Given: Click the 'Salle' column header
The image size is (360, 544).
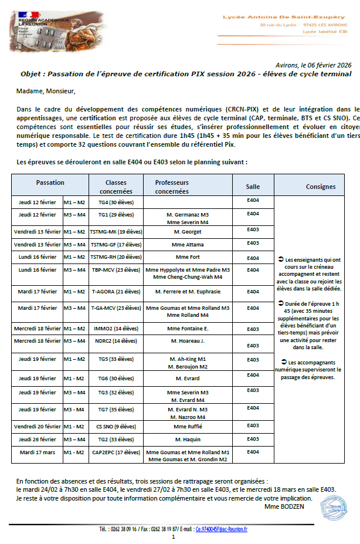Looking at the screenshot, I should pyautogui.click(x=253, y=187).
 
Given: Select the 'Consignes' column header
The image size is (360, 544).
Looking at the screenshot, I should pyautogui.click(x=321, y=187).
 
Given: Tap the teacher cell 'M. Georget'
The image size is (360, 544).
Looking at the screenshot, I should pyautogui.click(x=187, y=231).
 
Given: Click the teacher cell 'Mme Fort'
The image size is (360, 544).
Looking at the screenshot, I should pyautogui.click(x=187, y=257).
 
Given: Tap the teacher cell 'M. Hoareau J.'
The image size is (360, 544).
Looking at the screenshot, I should pyautogui.click(x=187, y=340).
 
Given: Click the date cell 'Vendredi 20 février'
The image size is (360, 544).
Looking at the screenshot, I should pyautogui.click(x=38, y=427).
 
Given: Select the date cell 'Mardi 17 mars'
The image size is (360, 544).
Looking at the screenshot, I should pyautogui.click(x=37, y=452).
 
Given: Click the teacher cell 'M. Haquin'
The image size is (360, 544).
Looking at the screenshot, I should pyautogui.click(x=187, y=439).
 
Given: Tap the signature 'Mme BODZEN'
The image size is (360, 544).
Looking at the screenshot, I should pyautogui.click(x=284, y=506).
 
